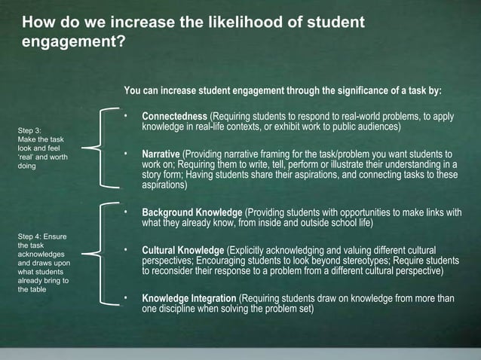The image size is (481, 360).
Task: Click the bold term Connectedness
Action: click(x=174, y=117)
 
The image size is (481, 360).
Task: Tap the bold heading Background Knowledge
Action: click(x=192, y=212)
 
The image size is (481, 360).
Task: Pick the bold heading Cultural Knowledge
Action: click(x=183, y=250)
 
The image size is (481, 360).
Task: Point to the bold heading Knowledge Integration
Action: click(x=189, y=298)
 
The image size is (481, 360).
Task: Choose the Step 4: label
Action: click(x=32, y=237)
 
